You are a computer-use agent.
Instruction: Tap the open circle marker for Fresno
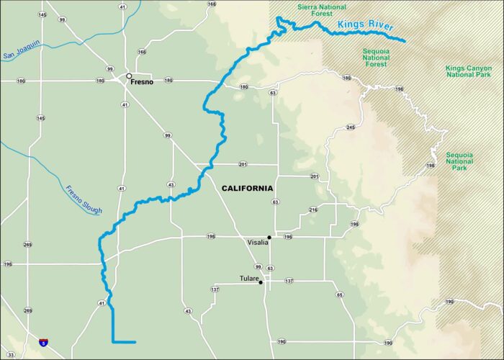[129, 76]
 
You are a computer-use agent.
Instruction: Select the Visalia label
[257, 242]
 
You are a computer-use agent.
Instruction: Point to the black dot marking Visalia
[269, 237]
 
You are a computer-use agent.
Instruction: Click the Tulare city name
[249, 278]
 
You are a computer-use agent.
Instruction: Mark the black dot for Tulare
[261, 282]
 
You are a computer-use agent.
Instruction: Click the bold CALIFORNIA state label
[247, 188]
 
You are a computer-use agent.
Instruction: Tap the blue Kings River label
[365, 28]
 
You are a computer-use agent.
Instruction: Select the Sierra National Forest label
[323, 10]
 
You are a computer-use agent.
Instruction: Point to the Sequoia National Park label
[459, 161]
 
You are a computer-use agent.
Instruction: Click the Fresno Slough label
[84, 200]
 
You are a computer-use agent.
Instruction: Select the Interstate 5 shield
[45, 343]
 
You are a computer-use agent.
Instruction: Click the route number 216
[313, 210]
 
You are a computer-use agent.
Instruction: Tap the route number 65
[339, 294]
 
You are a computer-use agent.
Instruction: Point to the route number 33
[10, 354]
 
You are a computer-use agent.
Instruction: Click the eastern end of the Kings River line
[405, 42]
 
